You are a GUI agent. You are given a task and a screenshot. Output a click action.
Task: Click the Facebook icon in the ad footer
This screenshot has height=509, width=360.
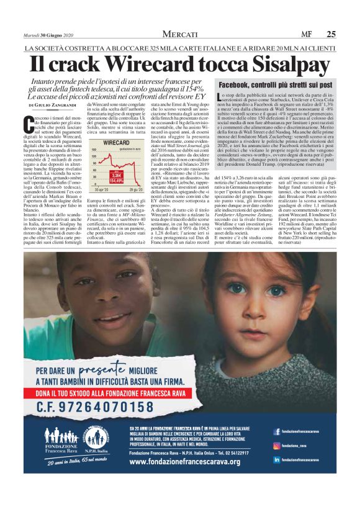point(276,431)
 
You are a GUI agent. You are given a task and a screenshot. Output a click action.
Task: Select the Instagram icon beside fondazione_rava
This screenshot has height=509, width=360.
point(276,445)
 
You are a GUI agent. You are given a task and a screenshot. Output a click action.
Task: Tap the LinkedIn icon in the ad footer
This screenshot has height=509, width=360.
point(276,459)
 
